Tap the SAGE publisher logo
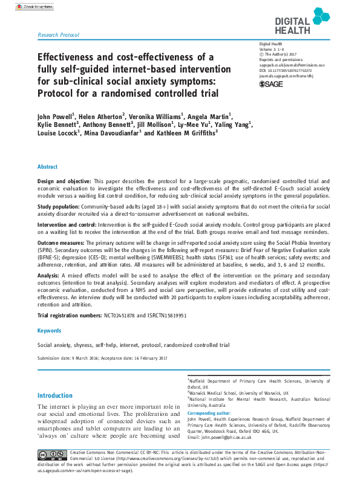click(272, 84)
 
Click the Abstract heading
click(48, 166)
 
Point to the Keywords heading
click(49, 331)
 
